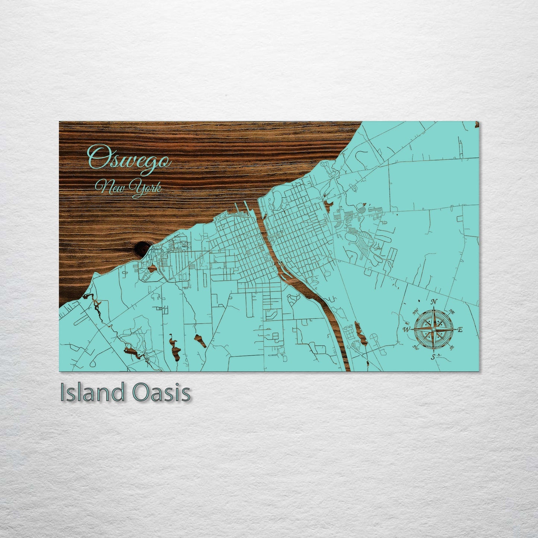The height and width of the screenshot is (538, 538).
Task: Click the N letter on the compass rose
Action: tap(434, 302)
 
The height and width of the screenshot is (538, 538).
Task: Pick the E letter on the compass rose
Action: tap(460, 330)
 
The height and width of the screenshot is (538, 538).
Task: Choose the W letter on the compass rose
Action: tap(407, 330)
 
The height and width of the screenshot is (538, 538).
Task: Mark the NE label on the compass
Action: tap(452, 311)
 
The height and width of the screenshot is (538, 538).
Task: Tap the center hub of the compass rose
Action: tap(433, 330)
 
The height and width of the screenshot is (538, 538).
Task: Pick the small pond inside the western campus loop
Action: tap(152, 268)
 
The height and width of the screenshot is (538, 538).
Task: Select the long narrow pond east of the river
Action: tap(360, 333)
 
